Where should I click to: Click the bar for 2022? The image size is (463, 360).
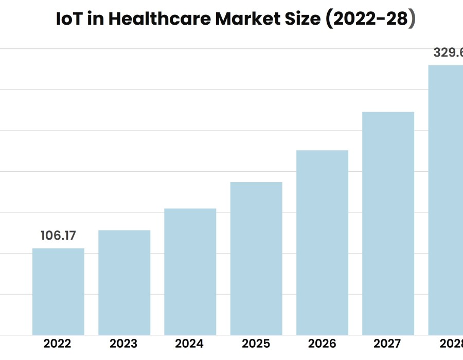pos(58,292)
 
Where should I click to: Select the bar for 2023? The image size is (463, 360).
pos(124,282)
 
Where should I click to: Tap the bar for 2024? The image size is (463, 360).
pos(190,272)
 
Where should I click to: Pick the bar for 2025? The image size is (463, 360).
pos(256,258)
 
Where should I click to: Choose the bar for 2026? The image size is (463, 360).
pos(322,242)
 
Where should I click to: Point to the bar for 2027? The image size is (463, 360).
pos(388,223)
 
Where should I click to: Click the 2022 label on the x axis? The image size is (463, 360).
pos(58,344)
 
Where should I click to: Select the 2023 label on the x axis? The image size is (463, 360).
pos(123,344)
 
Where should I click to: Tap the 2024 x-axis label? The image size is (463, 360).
pos(190,344)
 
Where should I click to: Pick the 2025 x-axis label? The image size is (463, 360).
pos(256,344)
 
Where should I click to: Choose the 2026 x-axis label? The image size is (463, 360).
pos(322,344)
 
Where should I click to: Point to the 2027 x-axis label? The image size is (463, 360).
pos(388,344)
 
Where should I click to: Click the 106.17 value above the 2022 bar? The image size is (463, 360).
pos(58,236)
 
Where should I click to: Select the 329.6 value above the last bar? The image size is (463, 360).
pos(448,52)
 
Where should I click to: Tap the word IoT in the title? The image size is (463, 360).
pos(69,19)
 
